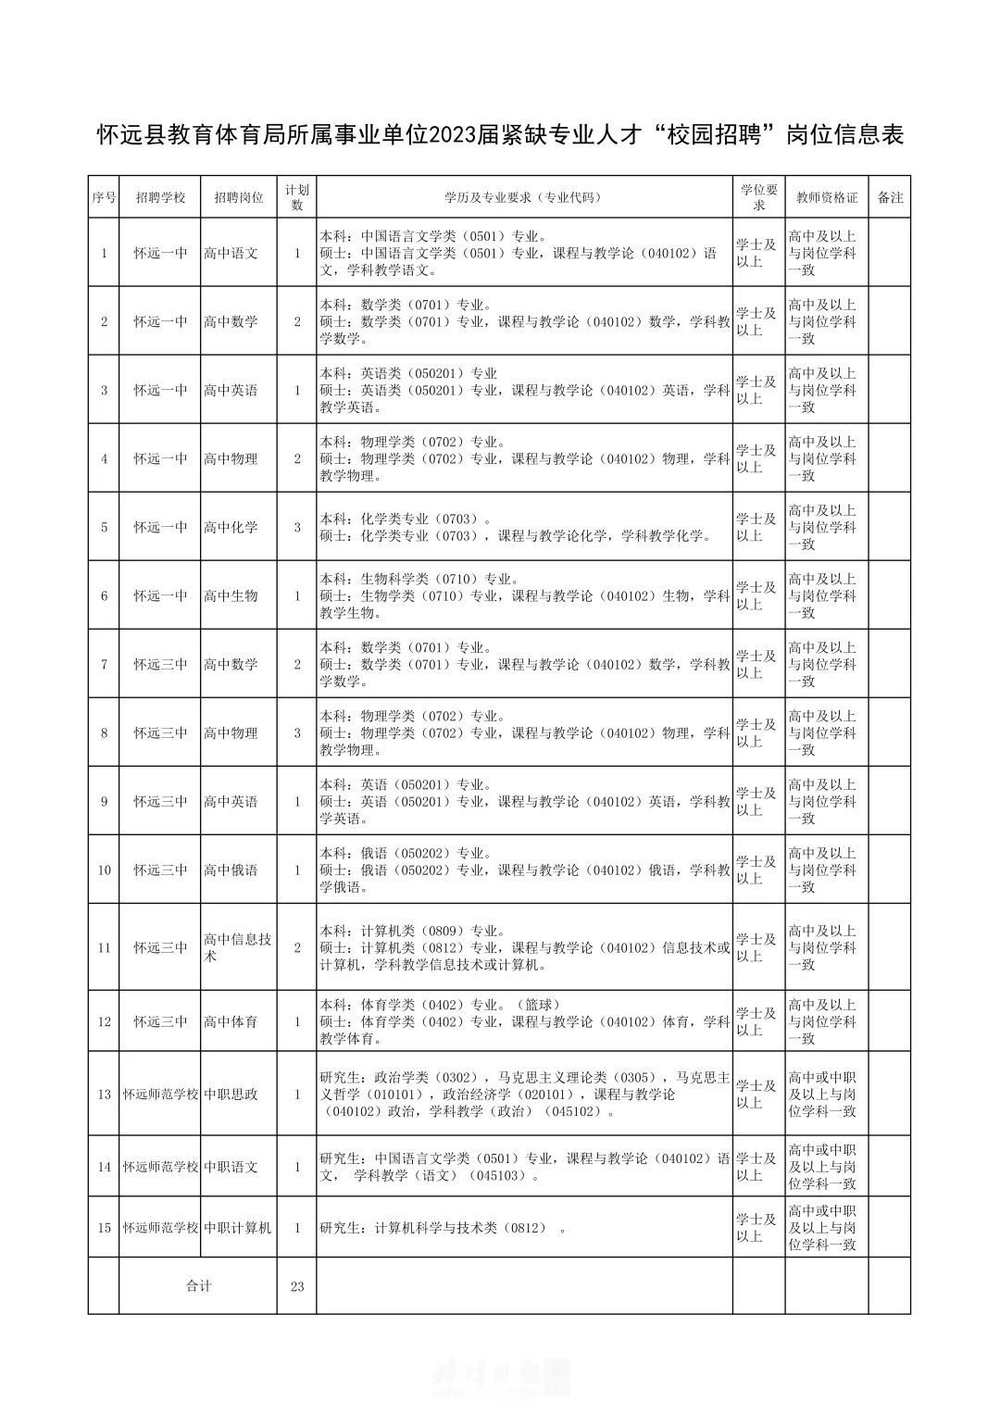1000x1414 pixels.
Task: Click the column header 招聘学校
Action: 160,197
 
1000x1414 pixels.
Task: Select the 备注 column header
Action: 890,197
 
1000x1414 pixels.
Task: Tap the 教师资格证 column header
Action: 827,197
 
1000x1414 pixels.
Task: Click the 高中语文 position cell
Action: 231,253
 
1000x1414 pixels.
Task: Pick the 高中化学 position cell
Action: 231,527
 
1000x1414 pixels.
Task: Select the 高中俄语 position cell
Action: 231,870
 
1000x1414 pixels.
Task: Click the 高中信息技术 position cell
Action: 238,947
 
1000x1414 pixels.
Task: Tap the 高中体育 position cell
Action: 231,1021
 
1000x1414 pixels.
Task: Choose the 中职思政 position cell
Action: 231,1094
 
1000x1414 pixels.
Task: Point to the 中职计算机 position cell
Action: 238,1227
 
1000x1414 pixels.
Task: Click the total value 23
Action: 297,1285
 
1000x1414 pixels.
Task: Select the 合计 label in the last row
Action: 199,1285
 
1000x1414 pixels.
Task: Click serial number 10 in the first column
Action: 104,870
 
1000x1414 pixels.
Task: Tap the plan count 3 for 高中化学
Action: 297,527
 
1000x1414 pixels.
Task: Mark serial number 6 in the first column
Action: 104,595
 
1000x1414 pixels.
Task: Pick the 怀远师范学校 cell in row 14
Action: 160,1166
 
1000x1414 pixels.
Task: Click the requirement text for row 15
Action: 443,1228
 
